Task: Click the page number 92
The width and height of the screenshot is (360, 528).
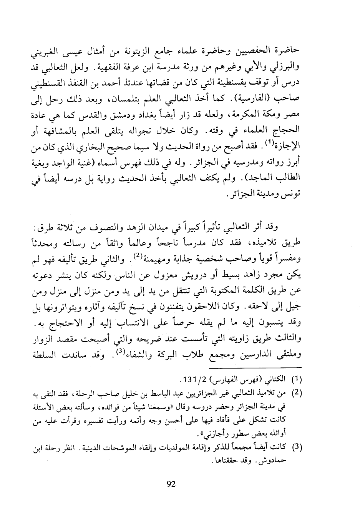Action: coord(171,484)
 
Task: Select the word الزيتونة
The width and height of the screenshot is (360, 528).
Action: coord(149,51)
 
